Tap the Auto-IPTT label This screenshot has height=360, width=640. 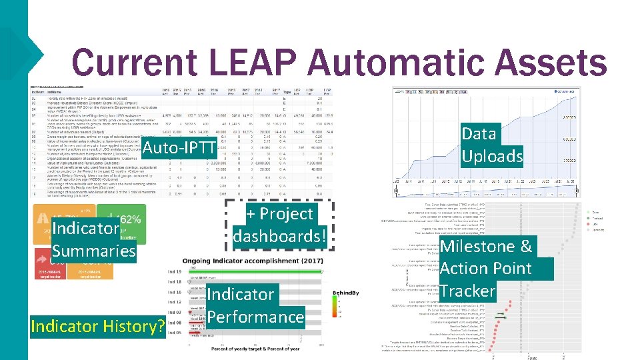pos(179,148)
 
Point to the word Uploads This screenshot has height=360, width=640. pos(492,156)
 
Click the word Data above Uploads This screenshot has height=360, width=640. pos(479,134)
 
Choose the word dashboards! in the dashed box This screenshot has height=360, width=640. pos(279,236)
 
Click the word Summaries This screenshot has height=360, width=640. pos(93,251)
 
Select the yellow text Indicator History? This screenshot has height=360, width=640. pos(98,327)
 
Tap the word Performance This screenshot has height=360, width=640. pos(255,317)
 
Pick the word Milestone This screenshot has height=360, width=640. pos(486,247)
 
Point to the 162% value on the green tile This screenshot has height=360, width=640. pos(129,219)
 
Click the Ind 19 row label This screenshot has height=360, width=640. pos(175,272)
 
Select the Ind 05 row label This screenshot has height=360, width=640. pos(175,333)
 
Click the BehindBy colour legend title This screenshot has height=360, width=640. pos(346,293)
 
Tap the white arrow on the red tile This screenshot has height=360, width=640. pos(41,259)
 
